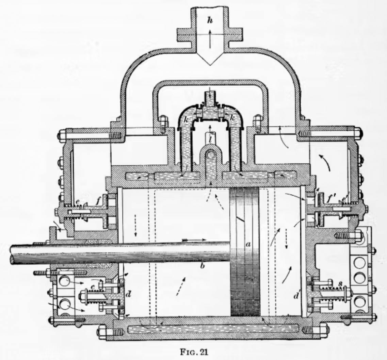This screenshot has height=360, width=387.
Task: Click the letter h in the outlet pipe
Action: point(210,21)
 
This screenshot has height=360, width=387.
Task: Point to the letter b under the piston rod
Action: point(203,266)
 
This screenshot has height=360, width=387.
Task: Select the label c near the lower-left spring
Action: point(93,287)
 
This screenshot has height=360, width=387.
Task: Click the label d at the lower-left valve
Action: point(128,294)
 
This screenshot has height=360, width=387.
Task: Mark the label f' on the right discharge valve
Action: point(330,199)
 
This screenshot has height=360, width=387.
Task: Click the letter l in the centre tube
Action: point(210,140)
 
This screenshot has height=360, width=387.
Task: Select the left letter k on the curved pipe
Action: point(186,120)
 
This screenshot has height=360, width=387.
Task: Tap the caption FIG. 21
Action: point(194,352)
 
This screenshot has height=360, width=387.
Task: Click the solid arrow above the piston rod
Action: point(194,240)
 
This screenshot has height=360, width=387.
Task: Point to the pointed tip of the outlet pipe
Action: point(210,65)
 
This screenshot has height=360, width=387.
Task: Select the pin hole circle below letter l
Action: point(210,155)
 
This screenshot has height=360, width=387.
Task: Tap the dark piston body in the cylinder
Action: point(245,252)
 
